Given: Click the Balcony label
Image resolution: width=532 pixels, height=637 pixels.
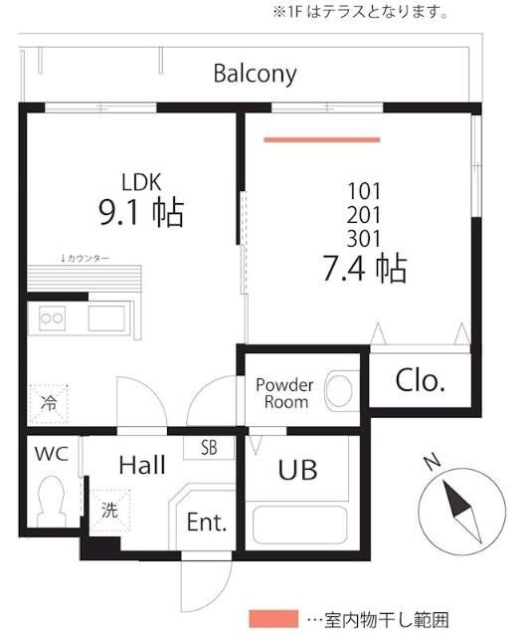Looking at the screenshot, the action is tap(255, 75).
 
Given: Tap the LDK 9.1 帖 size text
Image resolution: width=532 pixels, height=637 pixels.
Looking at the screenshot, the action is tap(141, 212).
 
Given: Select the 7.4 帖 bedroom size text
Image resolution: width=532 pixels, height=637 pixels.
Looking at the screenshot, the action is tap(365, 269).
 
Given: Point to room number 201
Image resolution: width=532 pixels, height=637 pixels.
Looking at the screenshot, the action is tap(364, 215).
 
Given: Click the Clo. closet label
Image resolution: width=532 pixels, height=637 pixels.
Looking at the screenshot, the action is tap(421, 380).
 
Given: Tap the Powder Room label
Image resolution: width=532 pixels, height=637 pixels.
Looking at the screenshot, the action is tap(284, 393).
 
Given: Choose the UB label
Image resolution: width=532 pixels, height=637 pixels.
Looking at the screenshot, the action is tap(297, 470).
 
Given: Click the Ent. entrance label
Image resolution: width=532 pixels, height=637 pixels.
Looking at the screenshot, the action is tap(207, 522).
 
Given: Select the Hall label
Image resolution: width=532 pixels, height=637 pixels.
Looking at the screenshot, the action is tap(142, 465).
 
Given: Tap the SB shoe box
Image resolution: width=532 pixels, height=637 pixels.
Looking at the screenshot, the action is tap(209, 447).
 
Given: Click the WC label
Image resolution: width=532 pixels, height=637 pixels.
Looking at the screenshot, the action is tap(52, 454).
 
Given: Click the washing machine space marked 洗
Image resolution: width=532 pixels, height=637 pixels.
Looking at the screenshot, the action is tap(110, 511).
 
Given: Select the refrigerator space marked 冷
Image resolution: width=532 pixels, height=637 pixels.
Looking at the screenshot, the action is tap(49, 404).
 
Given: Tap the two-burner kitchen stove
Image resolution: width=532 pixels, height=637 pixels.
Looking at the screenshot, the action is tap(53, 318).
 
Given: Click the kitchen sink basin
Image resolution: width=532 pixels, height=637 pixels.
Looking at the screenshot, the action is tap(106, 318).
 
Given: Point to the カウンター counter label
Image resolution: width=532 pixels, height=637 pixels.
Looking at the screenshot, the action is tap(85, 258).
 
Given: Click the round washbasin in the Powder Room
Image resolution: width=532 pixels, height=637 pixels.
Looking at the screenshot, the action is tap(338, 391).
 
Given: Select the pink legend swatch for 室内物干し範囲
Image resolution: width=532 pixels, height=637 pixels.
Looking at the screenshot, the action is tap(273, 619).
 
